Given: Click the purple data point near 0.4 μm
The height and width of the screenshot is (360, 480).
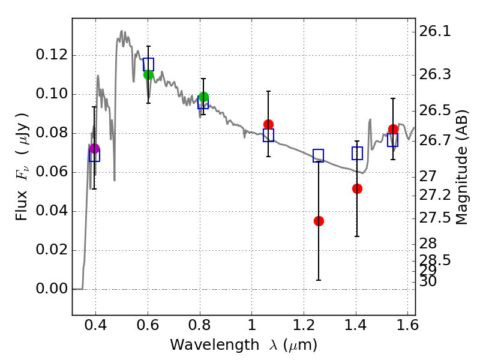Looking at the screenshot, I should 94,148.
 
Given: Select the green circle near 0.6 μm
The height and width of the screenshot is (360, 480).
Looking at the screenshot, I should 148,74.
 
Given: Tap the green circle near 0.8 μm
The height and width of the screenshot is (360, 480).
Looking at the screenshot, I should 203,97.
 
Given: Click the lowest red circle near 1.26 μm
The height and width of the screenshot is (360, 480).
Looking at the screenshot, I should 319,221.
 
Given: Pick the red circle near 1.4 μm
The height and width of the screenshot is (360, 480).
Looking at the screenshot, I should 357,188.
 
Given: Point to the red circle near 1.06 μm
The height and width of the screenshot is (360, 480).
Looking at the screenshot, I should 268,124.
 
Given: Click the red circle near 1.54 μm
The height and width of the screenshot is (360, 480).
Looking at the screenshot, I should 393,129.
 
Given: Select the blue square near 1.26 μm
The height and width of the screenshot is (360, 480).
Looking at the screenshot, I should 318,155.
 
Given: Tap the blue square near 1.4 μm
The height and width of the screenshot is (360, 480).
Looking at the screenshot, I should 357,153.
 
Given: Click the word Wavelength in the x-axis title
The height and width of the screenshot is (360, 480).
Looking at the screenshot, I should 208,345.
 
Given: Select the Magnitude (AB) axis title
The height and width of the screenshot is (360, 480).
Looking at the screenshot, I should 462,167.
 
